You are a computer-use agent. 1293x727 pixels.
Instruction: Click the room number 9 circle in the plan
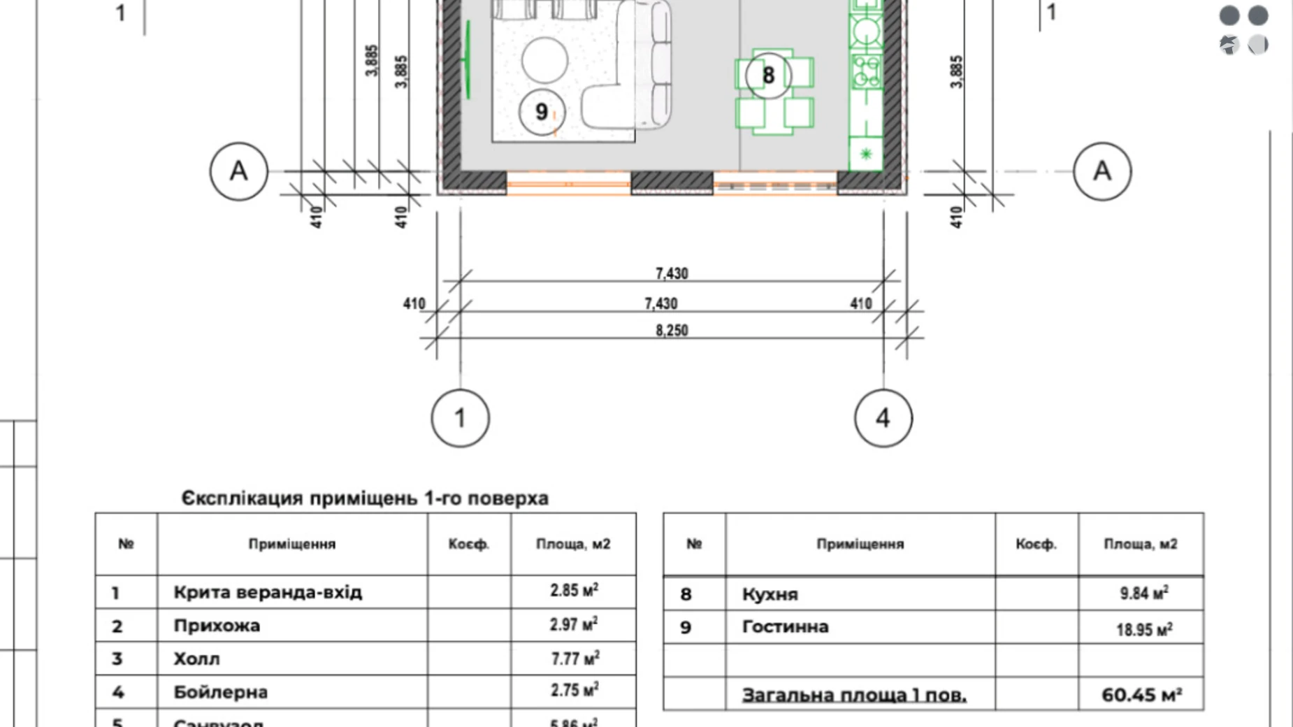[541, 112]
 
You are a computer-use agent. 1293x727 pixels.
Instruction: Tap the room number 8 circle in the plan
[768, 75]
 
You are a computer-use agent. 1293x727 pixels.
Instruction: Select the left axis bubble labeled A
[238, 171]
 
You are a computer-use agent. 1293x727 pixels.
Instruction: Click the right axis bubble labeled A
[1101, 171]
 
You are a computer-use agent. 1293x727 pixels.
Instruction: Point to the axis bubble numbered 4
[883, 418]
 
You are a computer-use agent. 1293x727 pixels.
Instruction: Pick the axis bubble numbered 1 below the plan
[460, 418]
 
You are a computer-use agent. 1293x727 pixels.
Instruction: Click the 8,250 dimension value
[672, 330]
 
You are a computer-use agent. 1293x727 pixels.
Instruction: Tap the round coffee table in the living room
[544, 59]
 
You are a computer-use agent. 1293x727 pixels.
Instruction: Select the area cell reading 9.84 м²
[1143, 593]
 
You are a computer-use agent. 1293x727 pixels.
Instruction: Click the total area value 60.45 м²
[1141, 695]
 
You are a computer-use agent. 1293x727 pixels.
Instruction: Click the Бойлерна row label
[220, 692]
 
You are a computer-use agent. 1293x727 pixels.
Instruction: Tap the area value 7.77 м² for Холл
[574, 658]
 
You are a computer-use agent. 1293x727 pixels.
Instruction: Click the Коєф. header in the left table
[468, 544]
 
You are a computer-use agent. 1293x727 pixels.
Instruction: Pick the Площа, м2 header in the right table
[1141, 544]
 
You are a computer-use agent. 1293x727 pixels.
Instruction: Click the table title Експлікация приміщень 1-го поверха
[365, 498]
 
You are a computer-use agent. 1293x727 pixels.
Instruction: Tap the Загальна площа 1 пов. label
[854, 695]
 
